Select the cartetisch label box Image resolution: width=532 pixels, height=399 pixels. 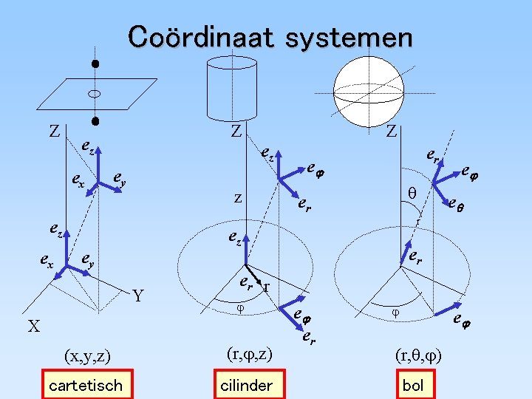pyautogui.click(x=85, y=385)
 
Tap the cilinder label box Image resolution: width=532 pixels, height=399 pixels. pyautogui.click(x=247, y=385)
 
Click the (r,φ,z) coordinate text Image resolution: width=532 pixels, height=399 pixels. pyautogui.click(x=248, y=355)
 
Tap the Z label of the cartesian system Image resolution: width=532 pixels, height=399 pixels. pyautogui.click(x=54, y=132)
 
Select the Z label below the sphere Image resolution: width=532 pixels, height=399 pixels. pyautogui.click(x=392, y=132)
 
